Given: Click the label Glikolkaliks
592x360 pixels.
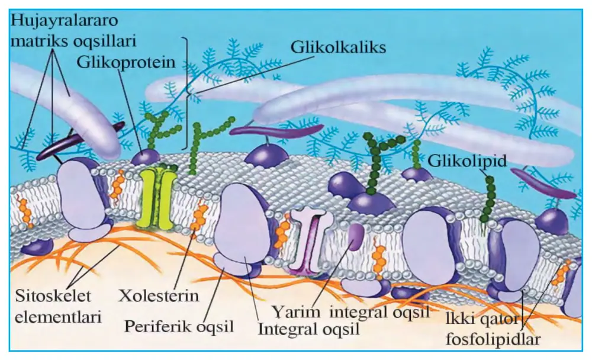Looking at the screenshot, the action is [x=338, y=47].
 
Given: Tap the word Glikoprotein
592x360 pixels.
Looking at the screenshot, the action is [x=126, y=62].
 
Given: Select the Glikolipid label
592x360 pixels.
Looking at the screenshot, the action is [x=466, y=161].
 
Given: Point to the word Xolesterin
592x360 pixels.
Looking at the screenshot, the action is [x=159, y=295].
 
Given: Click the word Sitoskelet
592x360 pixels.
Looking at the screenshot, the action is [x=53, y=295].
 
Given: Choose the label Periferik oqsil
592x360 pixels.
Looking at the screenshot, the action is [x=179, y=326].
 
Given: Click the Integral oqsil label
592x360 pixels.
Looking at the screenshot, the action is [x=308, y=329].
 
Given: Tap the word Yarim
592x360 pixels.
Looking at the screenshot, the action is [x=296, y=313].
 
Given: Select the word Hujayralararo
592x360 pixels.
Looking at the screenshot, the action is [x=64, y=20].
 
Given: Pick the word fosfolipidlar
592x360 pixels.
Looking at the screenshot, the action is [x=493, y=339].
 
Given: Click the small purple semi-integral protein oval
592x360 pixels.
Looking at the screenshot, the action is [x=355, y=237].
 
